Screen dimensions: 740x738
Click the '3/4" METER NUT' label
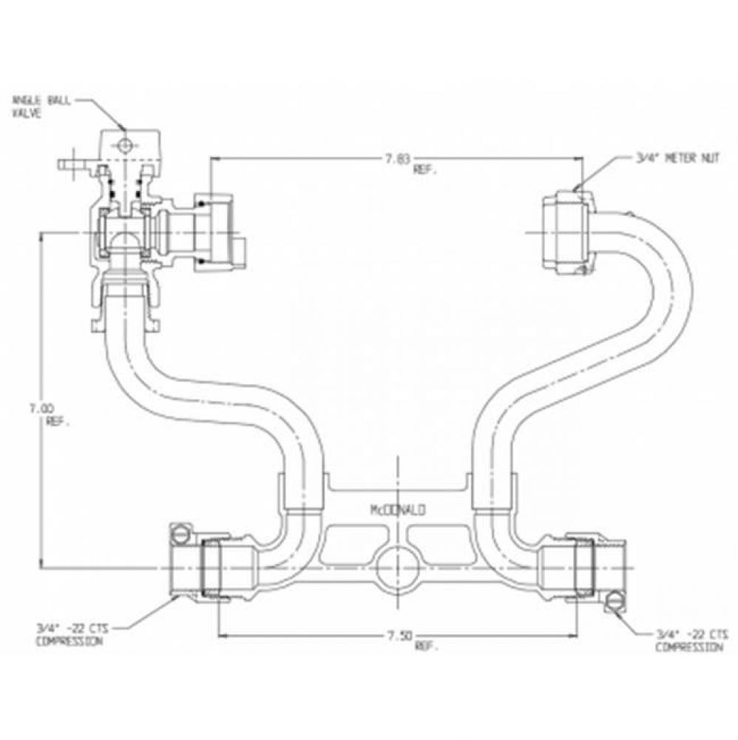[677, 157]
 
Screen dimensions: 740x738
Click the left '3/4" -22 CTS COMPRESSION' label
[70, 635]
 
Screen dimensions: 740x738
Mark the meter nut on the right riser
[566, 232]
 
